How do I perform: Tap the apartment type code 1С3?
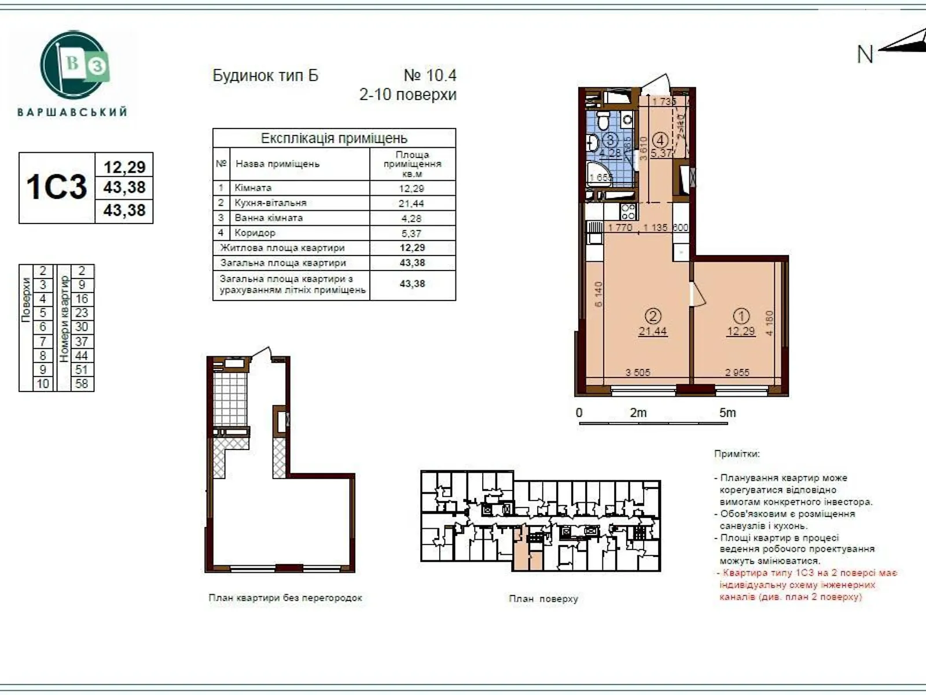(56, 187)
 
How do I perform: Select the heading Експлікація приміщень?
(334, 138)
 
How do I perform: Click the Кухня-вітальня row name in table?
(270, 203)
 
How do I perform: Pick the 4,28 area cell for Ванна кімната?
(412, 218)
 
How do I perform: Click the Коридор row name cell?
(255, 233)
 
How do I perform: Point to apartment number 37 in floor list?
(82, 342)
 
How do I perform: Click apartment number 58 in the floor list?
(82, 383)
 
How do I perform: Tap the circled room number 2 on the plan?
(653, 316)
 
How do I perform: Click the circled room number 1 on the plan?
(741, 316)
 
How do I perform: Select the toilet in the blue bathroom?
(602, 123)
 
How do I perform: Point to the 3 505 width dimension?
(638, 372)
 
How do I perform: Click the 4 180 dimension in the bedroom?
(770, 323)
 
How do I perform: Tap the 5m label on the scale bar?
(727, 413)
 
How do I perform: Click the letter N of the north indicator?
(865, 54)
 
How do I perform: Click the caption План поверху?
(543, 598)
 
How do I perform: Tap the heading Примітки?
(736, 454)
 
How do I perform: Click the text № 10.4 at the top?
(429, 75)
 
